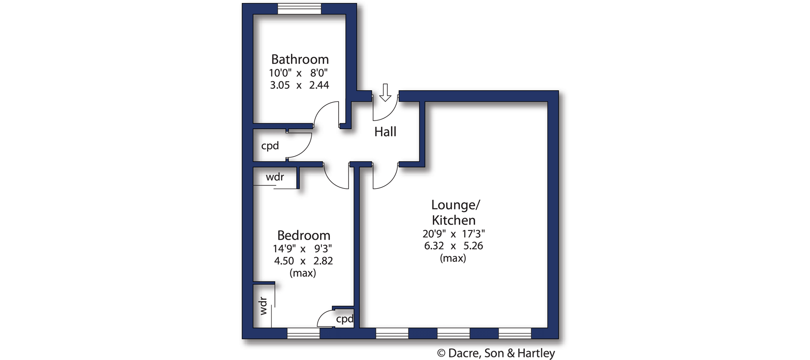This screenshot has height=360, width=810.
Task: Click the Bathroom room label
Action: coord(300,59)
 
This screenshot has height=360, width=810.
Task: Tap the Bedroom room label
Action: coord(304,235)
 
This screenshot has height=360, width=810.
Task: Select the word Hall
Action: coord(385,132)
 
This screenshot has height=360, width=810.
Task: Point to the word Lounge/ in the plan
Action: coord(456,205)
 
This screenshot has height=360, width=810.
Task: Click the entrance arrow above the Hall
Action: coord(386,93)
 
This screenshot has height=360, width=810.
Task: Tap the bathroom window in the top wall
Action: coord(299,9)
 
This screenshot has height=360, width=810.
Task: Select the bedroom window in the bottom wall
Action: coord(303,333)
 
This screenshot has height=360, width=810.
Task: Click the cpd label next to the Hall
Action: coord(270,146)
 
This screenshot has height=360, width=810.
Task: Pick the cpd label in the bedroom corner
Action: coord(345,319)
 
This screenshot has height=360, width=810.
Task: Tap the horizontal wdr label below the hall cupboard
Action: coord(275,177)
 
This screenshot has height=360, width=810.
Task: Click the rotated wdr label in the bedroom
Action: coord(263,306)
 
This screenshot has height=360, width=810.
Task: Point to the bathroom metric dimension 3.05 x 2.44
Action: coord(299,85)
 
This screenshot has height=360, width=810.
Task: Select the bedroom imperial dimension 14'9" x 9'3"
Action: coord(303,249)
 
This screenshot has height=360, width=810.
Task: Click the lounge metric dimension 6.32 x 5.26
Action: coord(453,246)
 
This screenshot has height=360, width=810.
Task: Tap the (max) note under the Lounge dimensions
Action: coord(453,258)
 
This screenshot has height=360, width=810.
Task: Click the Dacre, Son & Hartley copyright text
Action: coord(496,354)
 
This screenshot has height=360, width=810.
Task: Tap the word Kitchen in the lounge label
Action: coord(454,220)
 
